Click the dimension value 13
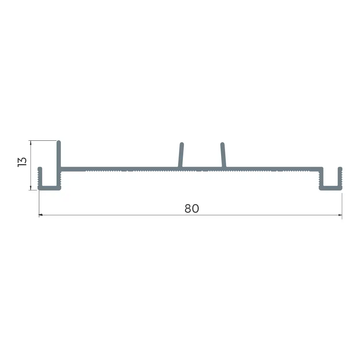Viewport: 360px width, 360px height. pyautogui.click(x=22, y=162)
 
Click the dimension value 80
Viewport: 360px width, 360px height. pyautogui.click(x=192, y=208)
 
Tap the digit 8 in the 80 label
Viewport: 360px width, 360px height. pyautogui.click(x=188, y=208)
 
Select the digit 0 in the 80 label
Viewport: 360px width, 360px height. pyautogui.click(x=195, y=208)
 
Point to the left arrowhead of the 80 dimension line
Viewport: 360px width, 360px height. pyautogui.click(x=41, y=215)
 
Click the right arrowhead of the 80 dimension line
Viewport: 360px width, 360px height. pyautogui.click(x=340, y=215)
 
